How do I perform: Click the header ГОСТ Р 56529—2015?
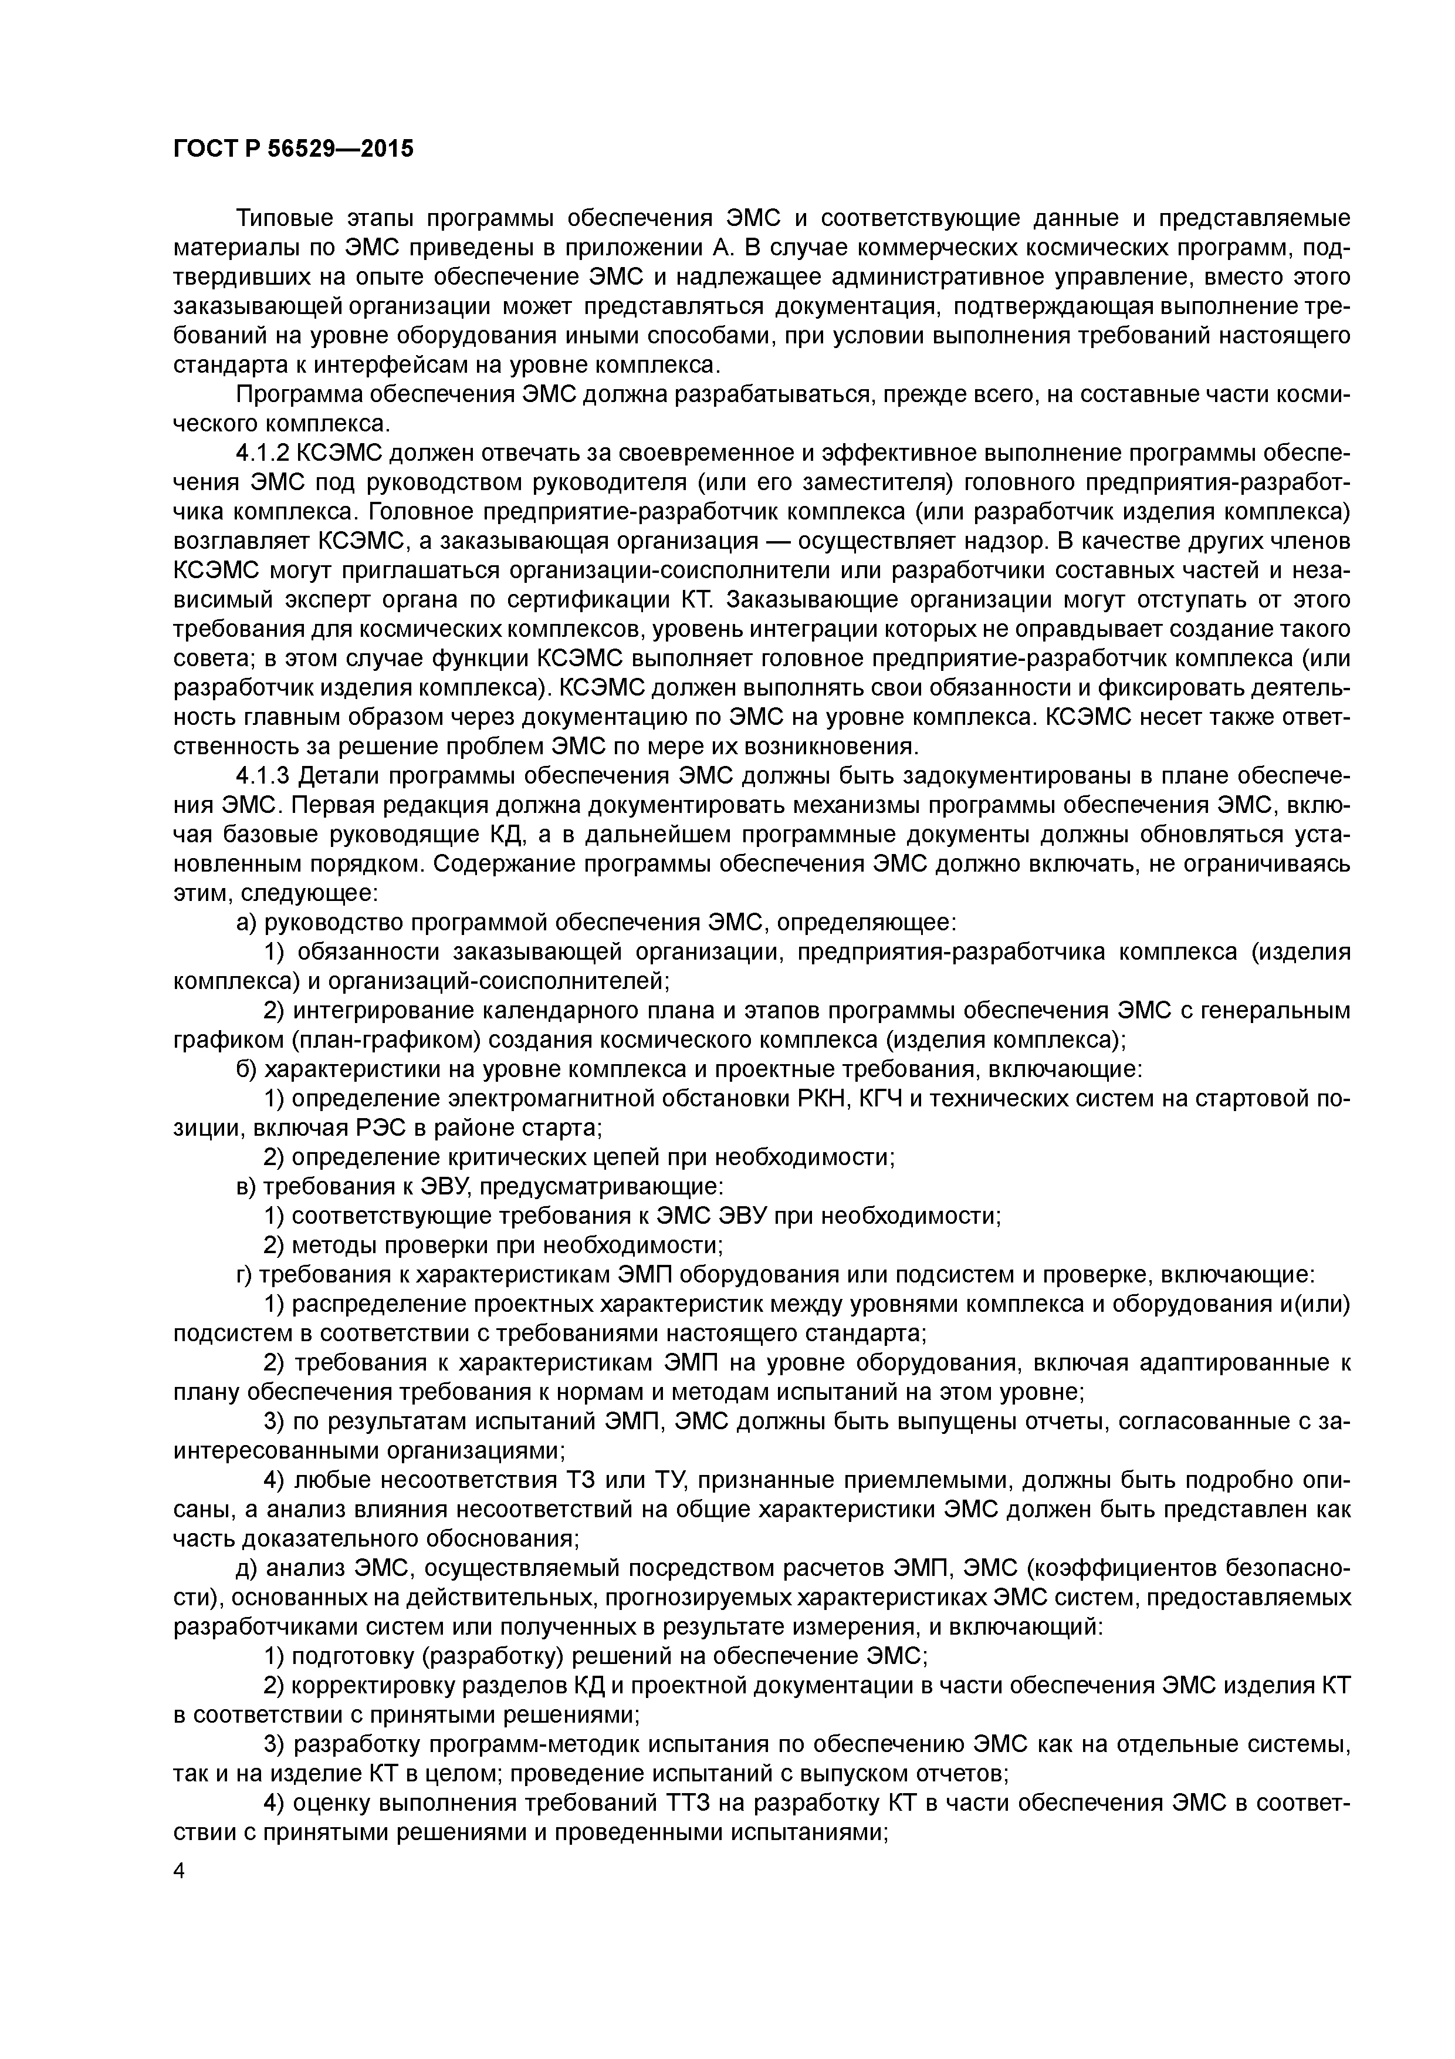(293, 149)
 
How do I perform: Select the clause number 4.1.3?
(262, 776)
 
